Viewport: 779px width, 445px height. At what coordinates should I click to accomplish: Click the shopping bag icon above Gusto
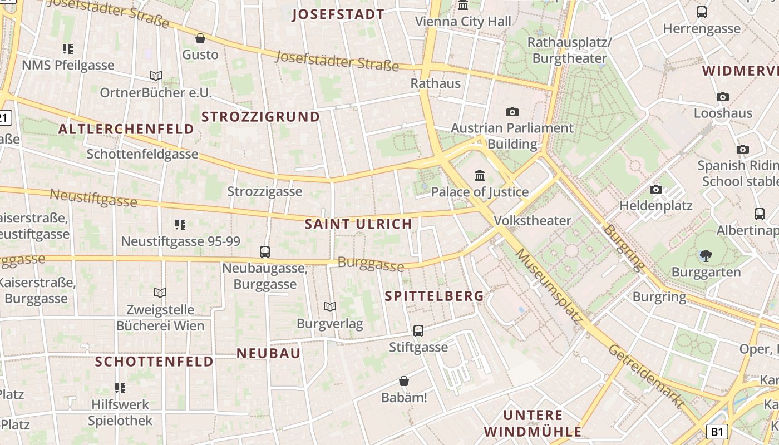(x=200, y=38)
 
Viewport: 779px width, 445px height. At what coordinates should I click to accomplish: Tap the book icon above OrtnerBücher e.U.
(x=156, y=76)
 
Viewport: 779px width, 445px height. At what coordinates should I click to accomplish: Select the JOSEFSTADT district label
(x=338, y=14)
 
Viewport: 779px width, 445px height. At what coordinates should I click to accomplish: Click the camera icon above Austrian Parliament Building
(x=512, y=112)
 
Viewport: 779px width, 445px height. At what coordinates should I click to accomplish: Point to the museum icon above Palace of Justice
(x=480, y=176)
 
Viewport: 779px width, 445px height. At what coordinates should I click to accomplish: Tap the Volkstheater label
(x=533, y=220)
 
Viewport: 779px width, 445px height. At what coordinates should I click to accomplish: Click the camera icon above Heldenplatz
(x=656, y=190)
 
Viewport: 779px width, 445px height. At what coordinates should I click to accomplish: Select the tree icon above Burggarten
(x=706, y=256)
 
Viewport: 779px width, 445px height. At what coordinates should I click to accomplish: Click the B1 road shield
(x=717, y=431)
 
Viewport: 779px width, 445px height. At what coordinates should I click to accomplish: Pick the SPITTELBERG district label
(x=434, y=296)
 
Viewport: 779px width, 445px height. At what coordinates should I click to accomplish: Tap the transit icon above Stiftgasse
(x=418, y=331)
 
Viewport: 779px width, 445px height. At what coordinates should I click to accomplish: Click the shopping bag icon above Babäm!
(x=404, y=382)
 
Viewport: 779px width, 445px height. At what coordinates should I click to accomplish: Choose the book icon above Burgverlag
(x=330, y=307)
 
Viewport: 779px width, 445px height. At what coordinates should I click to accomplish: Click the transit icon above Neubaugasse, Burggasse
(x=265, y=252)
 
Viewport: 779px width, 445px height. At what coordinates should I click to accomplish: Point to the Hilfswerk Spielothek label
(x=120, y=413)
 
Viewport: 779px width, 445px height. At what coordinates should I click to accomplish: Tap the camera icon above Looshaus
(x=723, y=97)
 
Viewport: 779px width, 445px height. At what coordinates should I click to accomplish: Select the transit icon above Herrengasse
(x=702, y=12)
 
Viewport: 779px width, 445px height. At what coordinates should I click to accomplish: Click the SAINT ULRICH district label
(x=358, y=224)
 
